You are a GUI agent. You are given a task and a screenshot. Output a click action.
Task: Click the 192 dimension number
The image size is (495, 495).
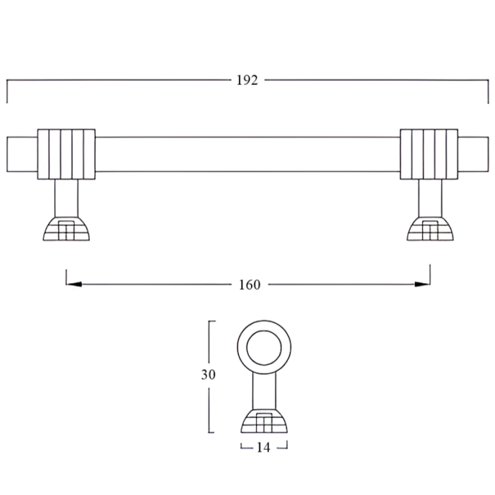point(247,80)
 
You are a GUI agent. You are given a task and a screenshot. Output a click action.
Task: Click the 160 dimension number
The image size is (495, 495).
point(249,285)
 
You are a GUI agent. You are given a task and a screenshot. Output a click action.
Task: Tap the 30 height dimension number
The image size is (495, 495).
point(208,375)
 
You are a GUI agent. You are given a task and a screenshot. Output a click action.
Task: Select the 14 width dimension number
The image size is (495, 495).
point(264,447)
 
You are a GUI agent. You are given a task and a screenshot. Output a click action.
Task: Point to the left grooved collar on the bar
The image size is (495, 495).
point(66,153)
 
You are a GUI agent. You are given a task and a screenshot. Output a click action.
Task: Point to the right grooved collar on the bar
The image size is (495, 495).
point(429,153)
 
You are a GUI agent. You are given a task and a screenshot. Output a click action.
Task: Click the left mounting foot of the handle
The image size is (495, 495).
point(66,230)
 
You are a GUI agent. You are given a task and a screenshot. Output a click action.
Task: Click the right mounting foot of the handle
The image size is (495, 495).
point(430,230)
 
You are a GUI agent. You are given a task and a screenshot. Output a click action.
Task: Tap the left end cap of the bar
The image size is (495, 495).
point(22,153)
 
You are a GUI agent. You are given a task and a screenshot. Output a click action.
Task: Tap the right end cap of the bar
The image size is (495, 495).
point(473,153)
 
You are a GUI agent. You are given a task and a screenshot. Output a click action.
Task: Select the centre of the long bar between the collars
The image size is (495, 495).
point(248,153)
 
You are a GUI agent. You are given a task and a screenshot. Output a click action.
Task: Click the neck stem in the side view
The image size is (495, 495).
point(264,389)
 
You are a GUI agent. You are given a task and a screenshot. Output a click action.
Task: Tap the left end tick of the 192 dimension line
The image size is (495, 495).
point(7,91)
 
